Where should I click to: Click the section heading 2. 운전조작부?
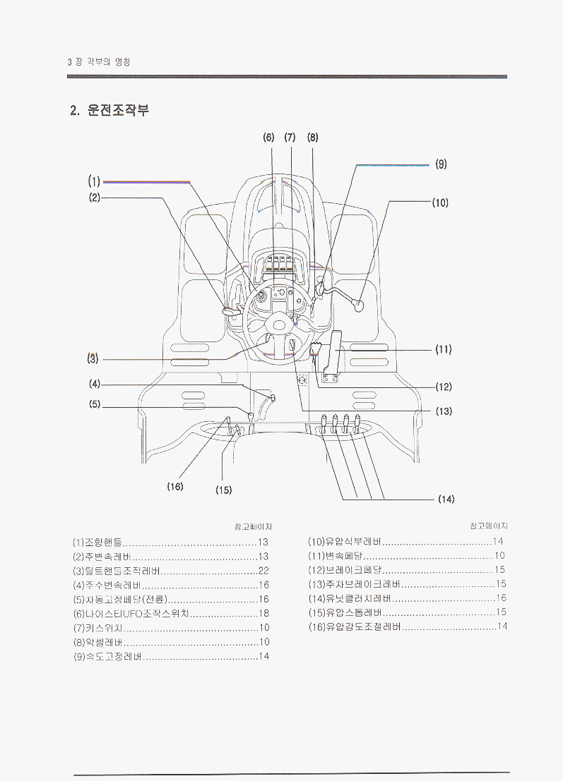pyautogui.click(x=109, y=111)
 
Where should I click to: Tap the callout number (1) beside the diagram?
pyautogui.click(x=95, y=181)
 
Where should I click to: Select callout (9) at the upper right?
pyautogui.click(x=441, y=164)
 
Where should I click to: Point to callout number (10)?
pyautogui.click(x=441, y=202)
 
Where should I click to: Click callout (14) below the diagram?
pyautogui.click(x=446, y=499)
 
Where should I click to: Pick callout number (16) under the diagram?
pyautogui.click(x=175, y=486)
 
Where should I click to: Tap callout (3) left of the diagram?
pyautogui.click(x=93, y=358)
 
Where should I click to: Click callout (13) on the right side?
pyautogui.click(x=444, y=411)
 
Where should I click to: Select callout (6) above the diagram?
pyautogui.click(x=268, y=137)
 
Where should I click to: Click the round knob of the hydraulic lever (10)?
pyautogui.click(x=358, y=307)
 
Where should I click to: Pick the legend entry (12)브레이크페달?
pyautogui.click(x=345, y=570)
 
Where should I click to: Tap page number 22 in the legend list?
pyautogui.click(x=263, y=571)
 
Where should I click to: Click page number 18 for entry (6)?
pyautogui.click(x=263, y=613)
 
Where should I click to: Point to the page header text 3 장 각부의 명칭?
pyautogui.click(x=97, y=62)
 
